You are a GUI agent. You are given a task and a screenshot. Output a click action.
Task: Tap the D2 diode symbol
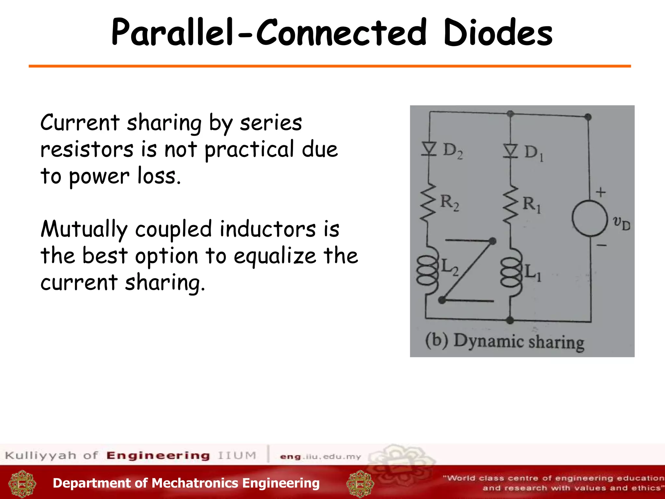point(429,149)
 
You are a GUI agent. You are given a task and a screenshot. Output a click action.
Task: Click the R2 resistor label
point(450,203)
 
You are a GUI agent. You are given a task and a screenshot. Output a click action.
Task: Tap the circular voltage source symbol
point(589,218)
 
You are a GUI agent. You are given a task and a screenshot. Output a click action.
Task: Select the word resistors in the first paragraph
point(87,149)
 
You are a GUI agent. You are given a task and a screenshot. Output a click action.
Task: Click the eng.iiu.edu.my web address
point(320,456)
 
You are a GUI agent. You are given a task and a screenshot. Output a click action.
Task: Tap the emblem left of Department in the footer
point(22,484)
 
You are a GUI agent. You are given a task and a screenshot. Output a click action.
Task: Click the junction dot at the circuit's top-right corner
point(588,117)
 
